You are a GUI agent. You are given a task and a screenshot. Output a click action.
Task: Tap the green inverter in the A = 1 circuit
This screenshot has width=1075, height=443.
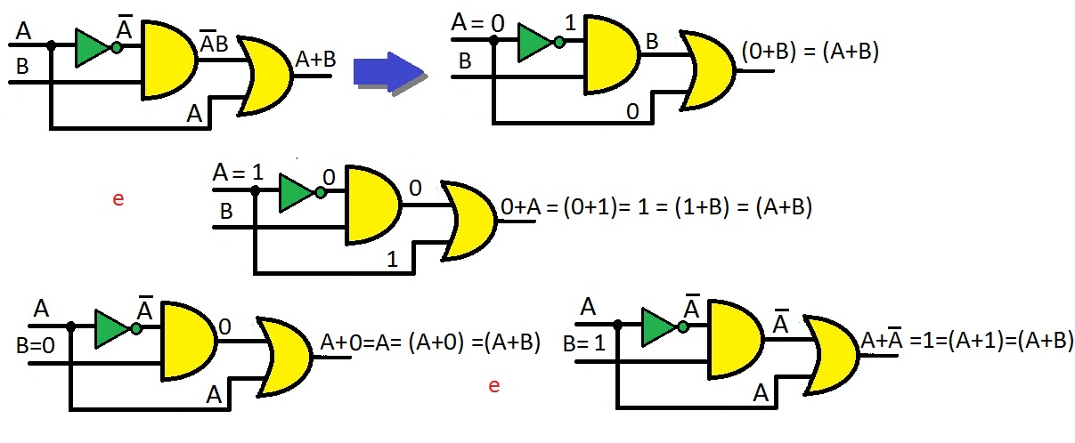point(295,193)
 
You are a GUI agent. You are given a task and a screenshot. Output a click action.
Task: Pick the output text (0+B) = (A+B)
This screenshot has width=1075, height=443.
point(810,53)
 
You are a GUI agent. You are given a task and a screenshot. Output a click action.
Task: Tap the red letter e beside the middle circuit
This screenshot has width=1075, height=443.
point(118,198)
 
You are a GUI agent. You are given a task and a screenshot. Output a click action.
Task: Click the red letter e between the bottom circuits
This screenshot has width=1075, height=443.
point(494,386)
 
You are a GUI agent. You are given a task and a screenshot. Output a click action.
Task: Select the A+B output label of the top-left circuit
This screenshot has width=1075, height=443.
point(315,60)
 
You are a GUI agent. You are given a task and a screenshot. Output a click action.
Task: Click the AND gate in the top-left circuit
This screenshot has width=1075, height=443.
point(168,60)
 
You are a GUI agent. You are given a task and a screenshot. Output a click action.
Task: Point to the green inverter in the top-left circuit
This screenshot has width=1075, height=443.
point(93,48)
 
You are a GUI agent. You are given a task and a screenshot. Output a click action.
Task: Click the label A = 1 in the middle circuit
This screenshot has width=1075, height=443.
point(239,172)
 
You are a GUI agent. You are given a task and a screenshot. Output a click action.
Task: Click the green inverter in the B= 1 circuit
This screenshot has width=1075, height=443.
point(659,326)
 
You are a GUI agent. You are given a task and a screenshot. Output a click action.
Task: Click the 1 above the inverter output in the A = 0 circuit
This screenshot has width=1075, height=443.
point(571,19)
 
